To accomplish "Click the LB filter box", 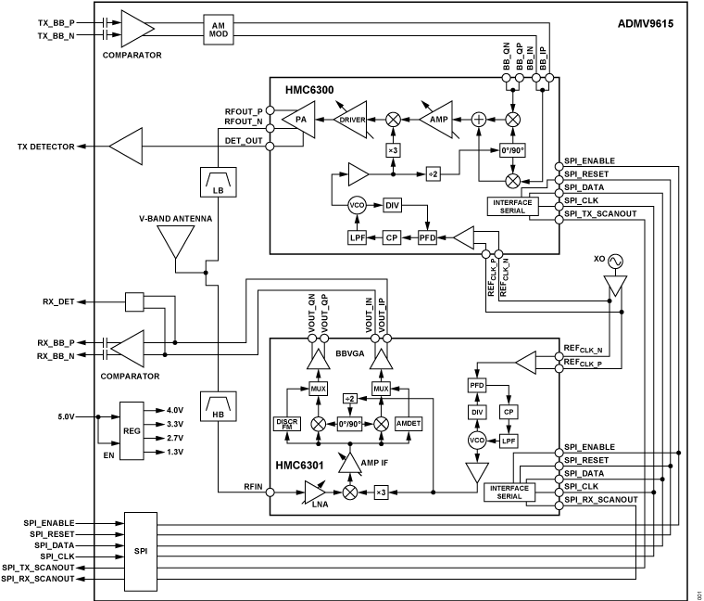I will point(216,183).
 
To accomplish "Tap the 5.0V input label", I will point(62,416).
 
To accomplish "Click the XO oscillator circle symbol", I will point(612,262).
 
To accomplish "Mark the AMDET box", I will point(409,423).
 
